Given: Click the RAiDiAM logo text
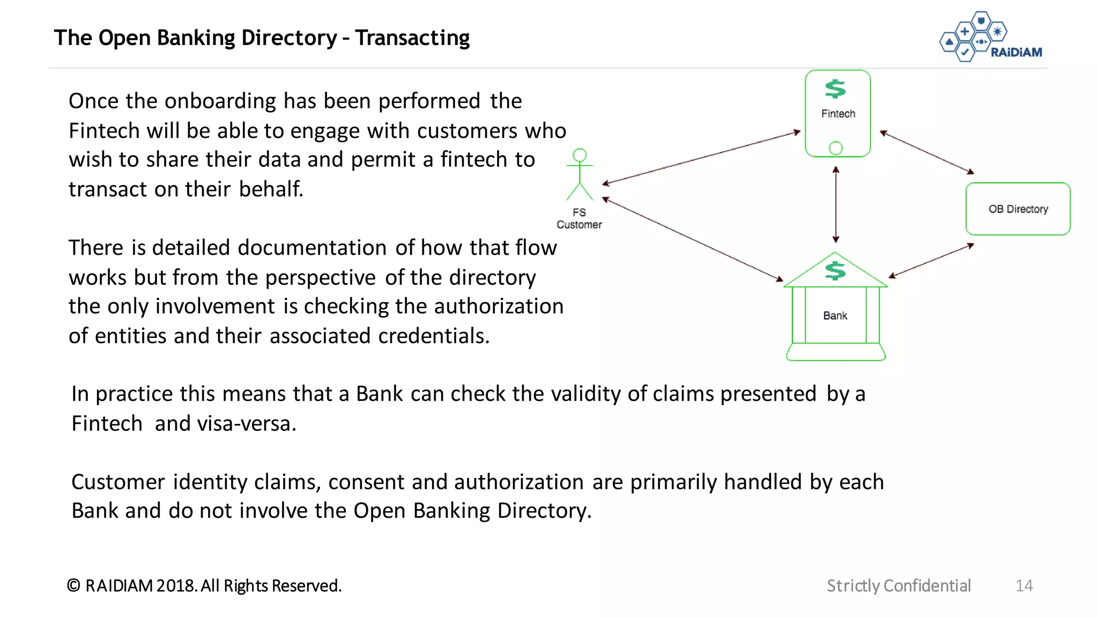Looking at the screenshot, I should pyautogui.click(x=1016, y=52).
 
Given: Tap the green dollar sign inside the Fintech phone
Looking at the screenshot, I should pyautogui.click(x=835, y=89).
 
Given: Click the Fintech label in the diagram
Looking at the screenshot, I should pyautogui.click(x=838, y=114).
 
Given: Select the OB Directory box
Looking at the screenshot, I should pyautogui.click(x=1018, y=209).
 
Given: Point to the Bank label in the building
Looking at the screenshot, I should pyautogui.click(x=835, y=315).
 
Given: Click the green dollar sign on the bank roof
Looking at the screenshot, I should pyautogui.click(x=835, y=270).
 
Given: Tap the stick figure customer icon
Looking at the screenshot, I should pyautogui.click(x=580, y=174).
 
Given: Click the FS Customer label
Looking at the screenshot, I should pyautogui.click(x=579, y=218).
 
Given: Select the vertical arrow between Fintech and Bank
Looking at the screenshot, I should pyautogui.click(x=835, y=204).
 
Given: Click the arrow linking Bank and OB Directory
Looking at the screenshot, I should pyautogui.click(x=931, y=261).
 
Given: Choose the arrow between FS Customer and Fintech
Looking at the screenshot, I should pyautogui.click(x=701, y=157).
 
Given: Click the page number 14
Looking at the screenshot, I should pyautogui.click(x=1023, y=585).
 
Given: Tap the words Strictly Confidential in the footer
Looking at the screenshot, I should pyautogui.click(x=899, y=585).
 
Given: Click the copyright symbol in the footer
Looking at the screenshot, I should pyautogui.click(x=73, y=585).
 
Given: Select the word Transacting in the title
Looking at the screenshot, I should pyautogui.click(x=412, y=38).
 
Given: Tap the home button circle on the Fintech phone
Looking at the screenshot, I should pyautogui.click(x=835, y=148).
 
